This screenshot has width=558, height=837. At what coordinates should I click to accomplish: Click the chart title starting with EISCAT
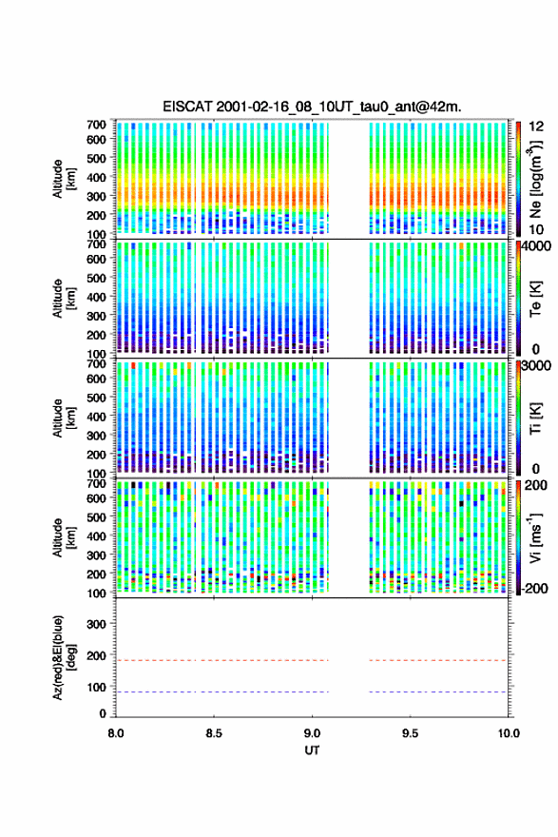pos(312,107)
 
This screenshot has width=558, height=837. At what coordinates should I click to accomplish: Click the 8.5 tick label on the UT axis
pos(213,733)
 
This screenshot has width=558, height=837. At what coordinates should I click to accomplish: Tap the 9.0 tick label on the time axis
pos(312,733)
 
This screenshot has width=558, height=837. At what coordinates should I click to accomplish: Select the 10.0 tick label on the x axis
pos(509,733)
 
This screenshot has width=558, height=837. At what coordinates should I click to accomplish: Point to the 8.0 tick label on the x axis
pos(116,733)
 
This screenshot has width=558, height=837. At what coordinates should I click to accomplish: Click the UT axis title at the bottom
pos(312,750)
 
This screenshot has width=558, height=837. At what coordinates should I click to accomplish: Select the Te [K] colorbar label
pos(535,299)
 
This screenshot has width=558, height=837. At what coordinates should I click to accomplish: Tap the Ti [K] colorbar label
pos(535,418)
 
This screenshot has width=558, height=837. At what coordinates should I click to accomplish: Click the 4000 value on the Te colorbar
pos(537,246)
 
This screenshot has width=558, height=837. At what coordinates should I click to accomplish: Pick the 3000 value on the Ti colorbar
pos(537,366)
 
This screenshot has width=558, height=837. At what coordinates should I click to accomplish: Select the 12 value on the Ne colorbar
pos(537,127)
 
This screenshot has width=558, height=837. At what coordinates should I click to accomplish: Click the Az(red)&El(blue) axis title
pos(64,657)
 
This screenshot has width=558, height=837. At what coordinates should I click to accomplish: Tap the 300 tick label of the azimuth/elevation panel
pos(96,624)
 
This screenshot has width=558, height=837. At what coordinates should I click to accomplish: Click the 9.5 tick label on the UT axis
pos(411,733)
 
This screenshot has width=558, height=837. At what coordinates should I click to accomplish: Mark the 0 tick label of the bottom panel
pos(103,713)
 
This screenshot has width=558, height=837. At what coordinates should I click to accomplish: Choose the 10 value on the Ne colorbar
pos(537,229)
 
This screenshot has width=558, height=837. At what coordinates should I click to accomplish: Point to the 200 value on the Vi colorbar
pos(536,485)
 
